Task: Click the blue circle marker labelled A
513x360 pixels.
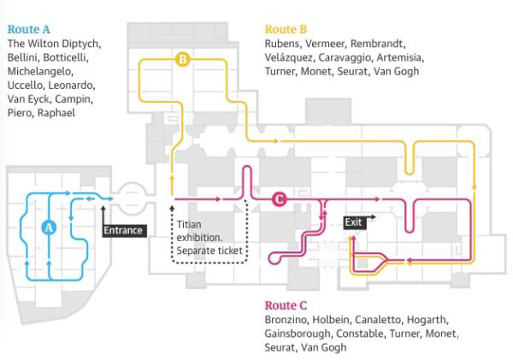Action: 49,227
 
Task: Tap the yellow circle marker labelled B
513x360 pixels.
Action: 182,59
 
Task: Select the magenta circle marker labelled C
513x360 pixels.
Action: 279,200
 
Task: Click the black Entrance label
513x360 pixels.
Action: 124,231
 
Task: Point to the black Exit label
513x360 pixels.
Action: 354,222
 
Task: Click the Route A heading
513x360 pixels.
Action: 28,29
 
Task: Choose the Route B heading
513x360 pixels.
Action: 286,29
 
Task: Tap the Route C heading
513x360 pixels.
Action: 286,305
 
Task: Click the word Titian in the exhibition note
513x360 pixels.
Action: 189,224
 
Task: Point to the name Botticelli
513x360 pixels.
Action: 73,57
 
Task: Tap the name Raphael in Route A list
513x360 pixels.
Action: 56,113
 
